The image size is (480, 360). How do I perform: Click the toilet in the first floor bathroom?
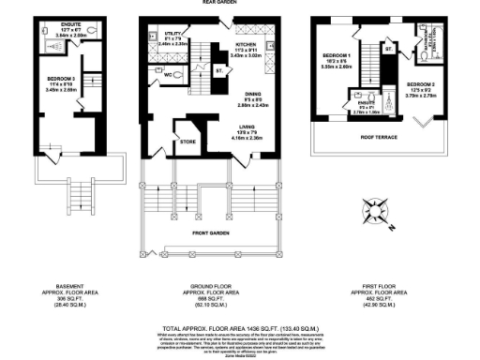(426, 56)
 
